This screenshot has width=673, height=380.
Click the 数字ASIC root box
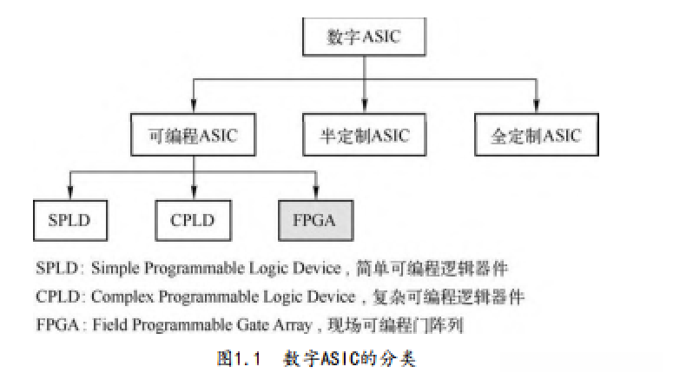364,37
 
